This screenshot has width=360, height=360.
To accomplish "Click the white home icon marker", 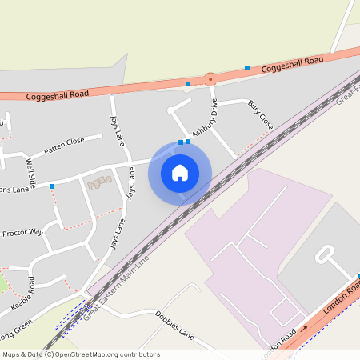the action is pyautogui.click(x=180, y=173).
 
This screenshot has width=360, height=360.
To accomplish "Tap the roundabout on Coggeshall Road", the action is pyautogui.click(x=210, y=79).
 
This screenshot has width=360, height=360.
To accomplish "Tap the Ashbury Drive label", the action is pyautogui.click(x=205, y=118).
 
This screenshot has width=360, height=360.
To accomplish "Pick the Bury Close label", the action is pyautogui.click(x=260, y=114).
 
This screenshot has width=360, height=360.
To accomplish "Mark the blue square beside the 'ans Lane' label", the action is pyautogui.click(x=52, y=186).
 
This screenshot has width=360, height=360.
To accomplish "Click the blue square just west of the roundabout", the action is pyautogui.click(x=188, y=83).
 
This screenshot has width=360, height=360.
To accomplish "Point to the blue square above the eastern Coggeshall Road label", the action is pyautogui.click(x=247, y=67).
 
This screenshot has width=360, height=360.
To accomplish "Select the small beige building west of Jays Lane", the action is pyautogui.click(x=98, y=183).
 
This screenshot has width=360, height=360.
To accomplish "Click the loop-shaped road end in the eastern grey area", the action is pyautogui.click(x=324, y=254).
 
